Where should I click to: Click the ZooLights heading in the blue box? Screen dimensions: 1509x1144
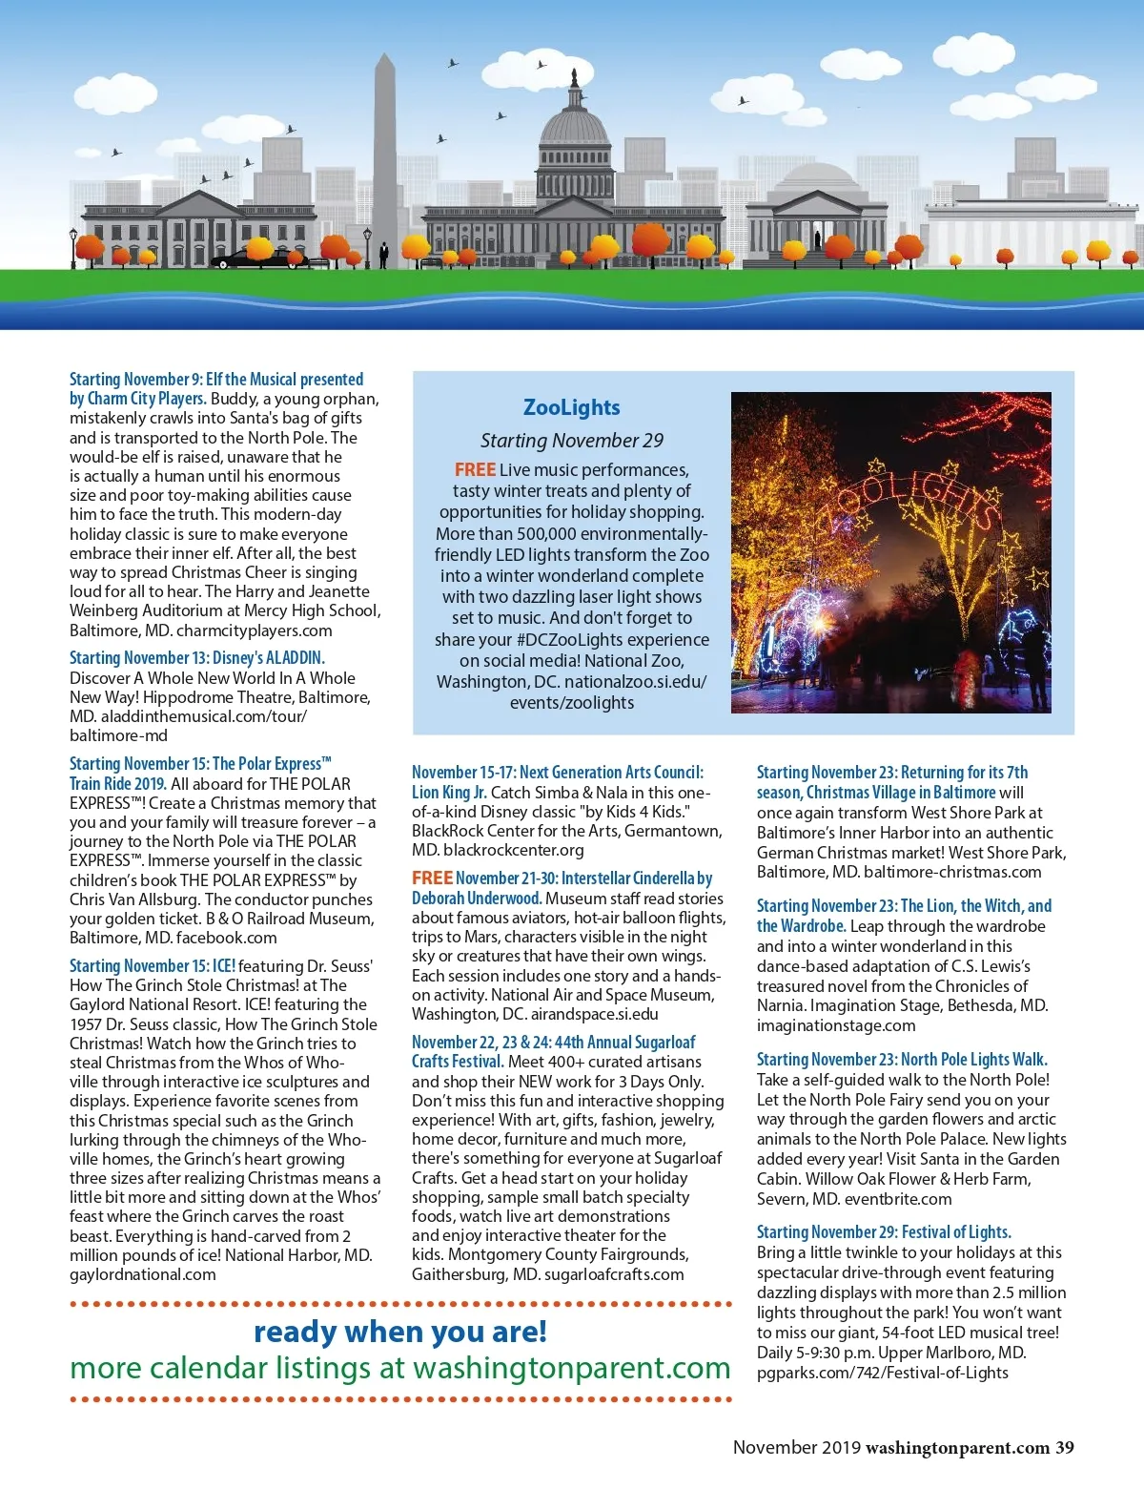(572, 407)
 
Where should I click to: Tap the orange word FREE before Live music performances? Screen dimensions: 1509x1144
(475, 469)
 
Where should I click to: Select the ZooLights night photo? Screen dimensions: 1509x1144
(890, 552)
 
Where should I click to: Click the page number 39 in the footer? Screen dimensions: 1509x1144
(1064, 1447)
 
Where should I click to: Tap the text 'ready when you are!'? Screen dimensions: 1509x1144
(400, 1332)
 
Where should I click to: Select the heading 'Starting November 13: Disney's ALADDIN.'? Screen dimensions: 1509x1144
(197, 658)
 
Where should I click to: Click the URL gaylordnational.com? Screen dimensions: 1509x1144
(143, 1274)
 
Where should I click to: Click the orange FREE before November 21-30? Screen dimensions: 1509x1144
(432, 878)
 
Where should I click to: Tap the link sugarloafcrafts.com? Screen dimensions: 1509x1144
(614, 1274)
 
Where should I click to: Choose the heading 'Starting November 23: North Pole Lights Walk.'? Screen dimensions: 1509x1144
(902, 1060)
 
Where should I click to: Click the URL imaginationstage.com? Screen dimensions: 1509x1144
(836, 1025)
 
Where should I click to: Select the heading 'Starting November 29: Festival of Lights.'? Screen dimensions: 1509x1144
(884, 1232)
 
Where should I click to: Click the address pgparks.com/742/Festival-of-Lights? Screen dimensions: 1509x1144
(882, 1373)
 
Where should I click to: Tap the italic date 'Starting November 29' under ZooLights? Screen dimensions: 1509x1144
(572, 440)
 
